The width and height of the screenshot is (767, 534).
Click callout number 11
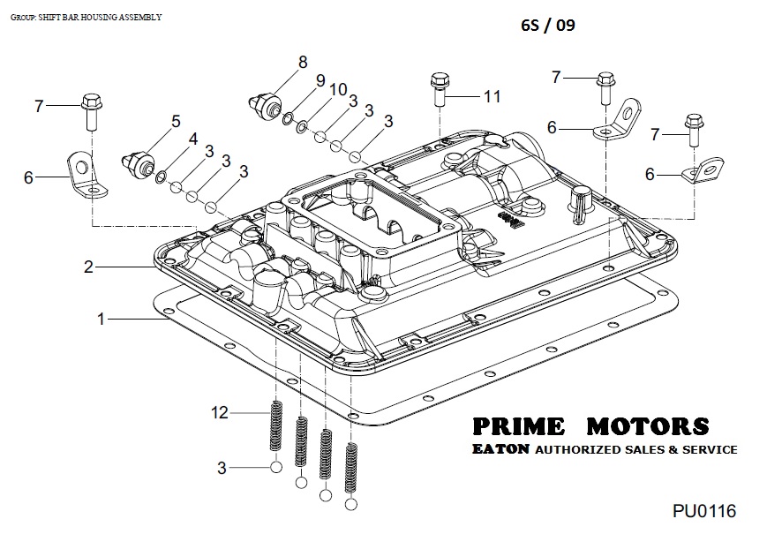492,95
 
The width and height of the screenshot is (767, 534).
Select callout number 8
303,62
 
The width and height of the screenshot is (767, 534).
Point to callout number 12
219,412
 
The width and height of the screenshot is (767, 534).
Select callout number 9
320,79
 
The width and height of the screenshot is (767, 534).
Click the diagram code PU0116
703,511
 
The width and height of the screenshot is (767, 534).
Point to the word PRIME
518,426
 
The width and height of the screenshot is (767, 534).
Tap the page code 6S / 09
547,25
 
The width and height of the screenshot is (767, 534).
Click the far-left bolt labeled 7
92,110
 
